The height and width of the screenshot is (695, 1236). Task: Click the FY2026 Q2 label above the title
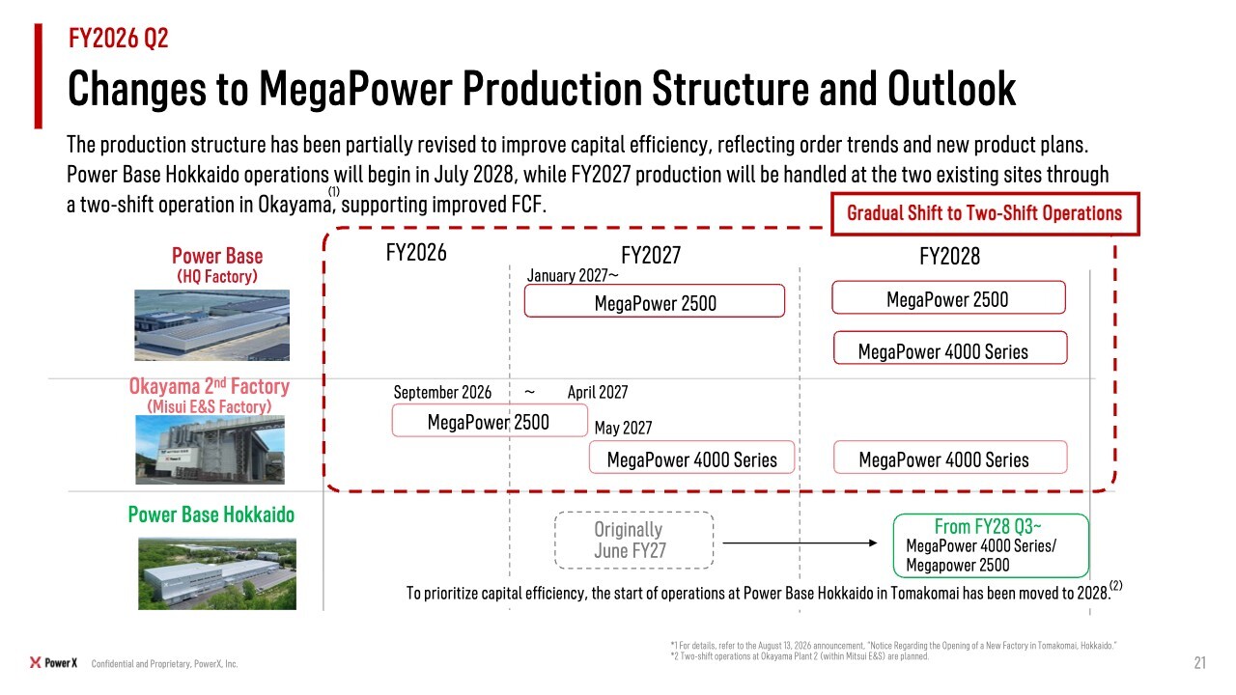[118, 38]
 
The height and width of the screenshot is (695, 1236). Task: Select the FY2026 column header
[416, 253]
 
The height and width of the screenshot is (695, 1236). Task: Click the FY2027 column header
[651, 256]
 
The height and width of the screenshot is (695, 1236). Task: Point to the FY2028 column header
[949, 257]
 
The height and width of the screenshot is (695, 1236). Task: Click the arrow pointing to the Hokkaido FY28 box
[801, 543]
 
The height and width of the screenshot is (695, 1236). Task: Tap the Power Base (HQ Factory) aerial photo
[211, 325]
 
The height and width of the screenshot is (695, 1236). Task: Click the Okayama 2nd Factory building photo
[211, 450]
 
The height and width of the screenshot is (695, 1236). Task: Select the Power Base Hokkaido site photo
[217, 574]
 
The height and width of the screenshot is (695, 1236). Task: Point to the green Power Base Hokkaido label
[211, 514]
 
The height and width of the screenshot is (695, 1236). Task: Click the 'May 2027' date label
[624, 428]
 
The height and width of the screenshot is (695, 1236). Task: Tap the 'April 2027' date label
[598, 392]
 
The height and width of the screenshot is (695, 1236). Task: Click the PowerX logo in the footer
[53, 663]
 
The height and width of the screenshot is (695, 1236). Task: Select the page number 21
[1199, 663]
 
